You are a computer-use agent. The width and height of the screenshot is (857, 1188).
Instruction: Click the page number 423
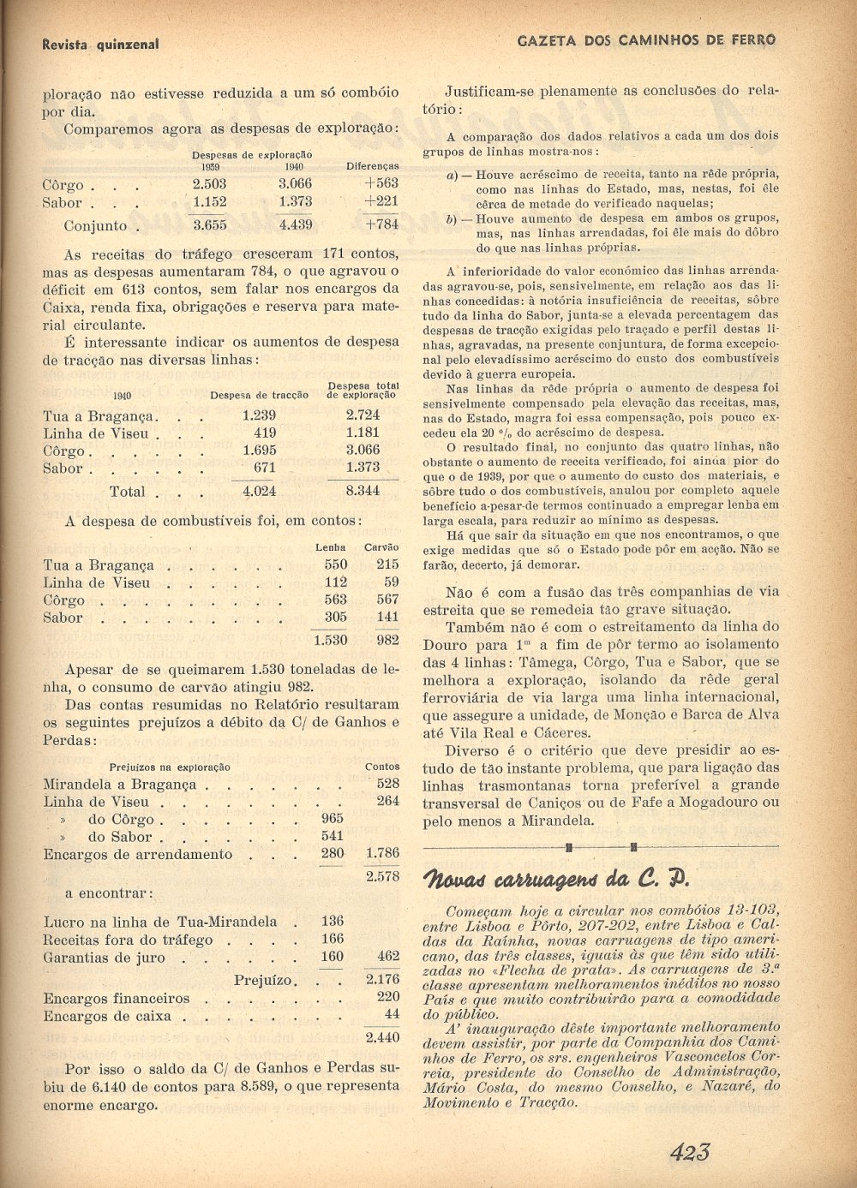tap(690, 1152)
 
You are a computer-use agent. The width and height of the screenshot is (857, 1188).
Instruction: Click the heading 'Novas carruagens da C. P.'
tap(557, 880)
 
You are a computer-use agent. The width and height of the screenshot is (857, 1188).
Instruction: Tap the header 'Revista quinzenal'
tap(100, 44)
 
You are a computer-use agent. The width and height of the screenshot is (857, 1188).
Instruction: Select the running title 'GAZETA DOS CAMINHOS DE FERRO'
tap(647, 40)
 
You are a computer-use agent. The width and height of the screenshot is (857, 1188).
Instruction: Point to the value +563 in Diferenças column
tap(381, 183)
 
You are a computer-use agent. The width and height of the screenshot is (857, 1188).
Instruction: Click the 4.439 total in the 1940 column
tap(295, 225)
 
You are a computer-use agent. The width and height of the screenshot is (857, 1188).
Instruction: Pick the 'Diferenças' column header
tap(373, 166)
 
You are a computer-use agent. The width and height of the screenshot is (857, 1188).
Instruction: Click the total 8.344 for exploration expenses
tap(363, 492)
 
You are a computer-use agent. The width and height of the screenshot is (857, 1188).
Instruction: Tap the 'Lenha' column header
tap(331, 546)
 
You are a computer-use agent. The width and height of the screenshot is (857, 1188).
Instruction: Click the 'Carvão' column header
tap(381, 546)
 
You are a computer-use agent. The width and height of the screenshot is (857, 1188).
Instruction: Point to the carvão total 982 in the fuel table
tap(387, 640)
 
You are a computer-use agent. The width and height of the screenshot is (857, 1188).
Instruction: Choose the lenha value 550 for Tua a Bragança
tap(336, 564)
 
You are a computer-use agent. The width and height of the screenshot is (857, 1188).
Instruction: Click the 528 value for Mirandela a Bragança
tap(387, 784)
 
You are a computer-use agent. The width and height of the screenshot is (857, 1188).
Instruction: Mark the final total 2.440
tap(382, 1037)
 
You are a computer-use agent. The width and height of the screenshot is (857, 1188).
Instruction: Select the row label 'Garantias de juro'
tap(105, 958)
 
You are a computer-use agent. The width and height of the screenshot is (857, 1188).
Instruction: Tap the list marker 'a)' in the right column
tap(452, 175)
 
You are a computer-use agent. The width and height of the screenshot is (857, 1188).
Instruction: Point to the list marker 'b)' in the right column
tap(452, 218)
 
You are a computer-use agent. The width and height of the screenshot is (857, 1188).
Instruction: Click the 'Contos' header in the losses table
tap(382, 767)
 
